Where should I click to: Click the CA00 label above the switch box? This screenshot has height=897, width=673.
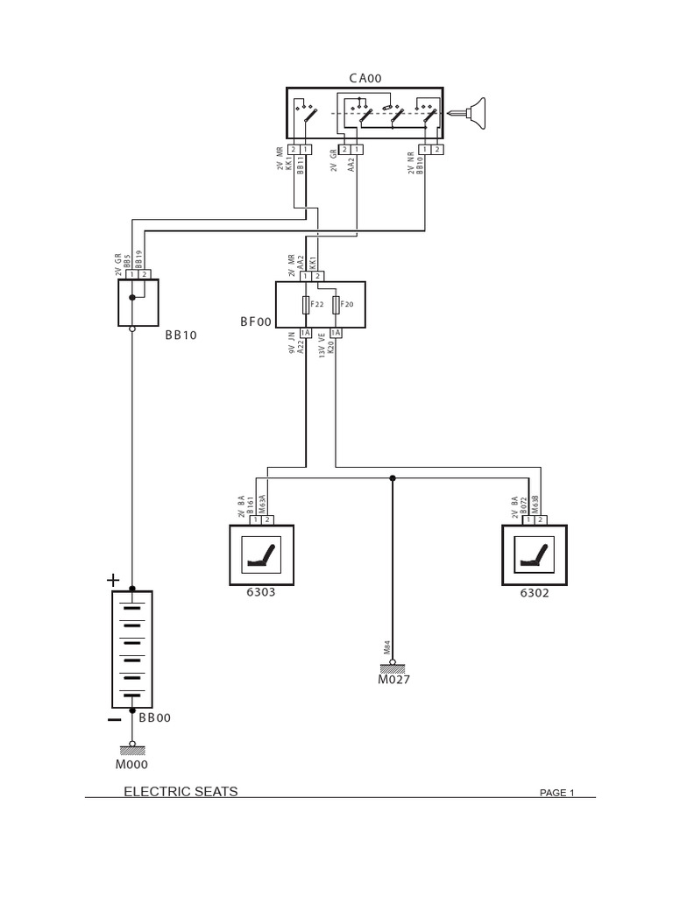[365, 78]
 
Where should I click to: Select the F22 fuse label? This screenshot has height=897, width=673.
[317, 304]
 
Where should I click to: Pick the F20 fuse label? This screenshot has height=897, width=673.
[347, 304]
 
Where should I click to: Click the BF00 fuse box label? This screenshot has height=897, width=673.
[256, 321]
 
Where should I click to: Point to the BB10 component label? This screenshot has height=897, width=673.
[181, 335]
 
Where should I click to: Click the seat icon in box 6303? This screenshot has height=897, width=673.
[261, 554]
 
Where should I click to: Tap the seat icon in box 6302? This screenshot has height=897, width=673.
[534, 554]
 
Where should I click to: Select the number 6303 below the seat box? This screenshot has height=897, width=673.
[260, 592]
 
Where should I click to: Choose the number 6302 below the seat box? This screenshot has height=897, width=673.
[534, 592]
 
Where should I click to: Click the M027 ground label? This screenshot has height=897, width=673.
[393, 679]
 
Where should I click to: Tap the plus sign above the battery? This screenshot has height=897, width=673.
[112, 580]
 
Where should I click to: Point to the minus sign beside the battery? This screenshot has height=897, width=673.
[114, 719]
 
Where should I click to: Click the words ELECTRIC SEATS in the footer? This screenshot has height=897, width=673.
[181, 791]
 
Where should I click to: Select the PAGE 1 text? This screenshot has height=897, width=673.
[556, 793]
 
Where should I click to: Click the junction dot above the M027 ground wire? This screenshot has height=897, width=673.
[393, 478]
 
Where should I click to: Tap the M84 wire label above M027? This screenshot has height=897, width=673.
[386, 648]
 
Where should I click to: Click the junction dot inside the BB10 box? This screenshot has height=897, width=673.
[132, 298]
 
